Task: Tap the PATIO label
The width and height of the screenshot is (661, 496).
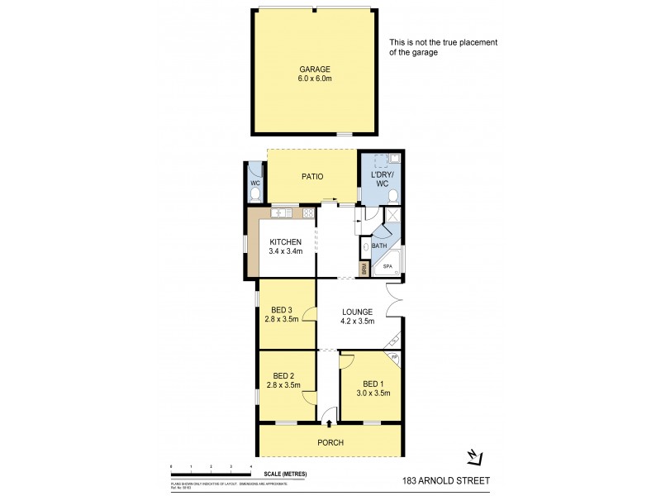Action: point(311,177)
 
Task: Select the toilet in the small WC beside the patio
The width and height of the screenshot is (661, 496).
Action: point(254,193)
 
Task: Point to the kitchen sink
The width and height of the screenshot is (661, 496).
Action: point(280,213)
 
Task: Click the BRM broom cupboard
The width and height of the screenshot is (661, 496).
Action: point(364,268)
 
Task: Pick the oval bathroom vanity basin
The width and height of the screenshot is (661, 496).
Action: point(366,246)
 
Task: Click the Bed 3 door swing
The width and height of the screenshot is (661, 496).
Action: point(309,314)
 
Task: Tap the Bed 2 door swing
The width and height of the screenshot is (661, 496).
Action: point(309,397)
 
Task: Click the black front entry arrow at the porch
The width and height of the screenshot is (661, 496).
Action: point(330,423)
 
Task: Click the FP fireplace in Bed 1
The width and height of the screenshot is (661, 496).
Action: point(395,357)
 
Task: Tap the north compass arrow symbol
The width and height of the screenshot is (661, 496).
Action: point(472,455)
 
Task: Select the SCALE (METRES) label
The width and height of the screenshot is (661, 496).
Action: point(283,474)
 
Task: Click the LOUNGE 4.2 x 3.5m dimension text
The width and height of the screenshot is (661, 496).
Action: point(359,321)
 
